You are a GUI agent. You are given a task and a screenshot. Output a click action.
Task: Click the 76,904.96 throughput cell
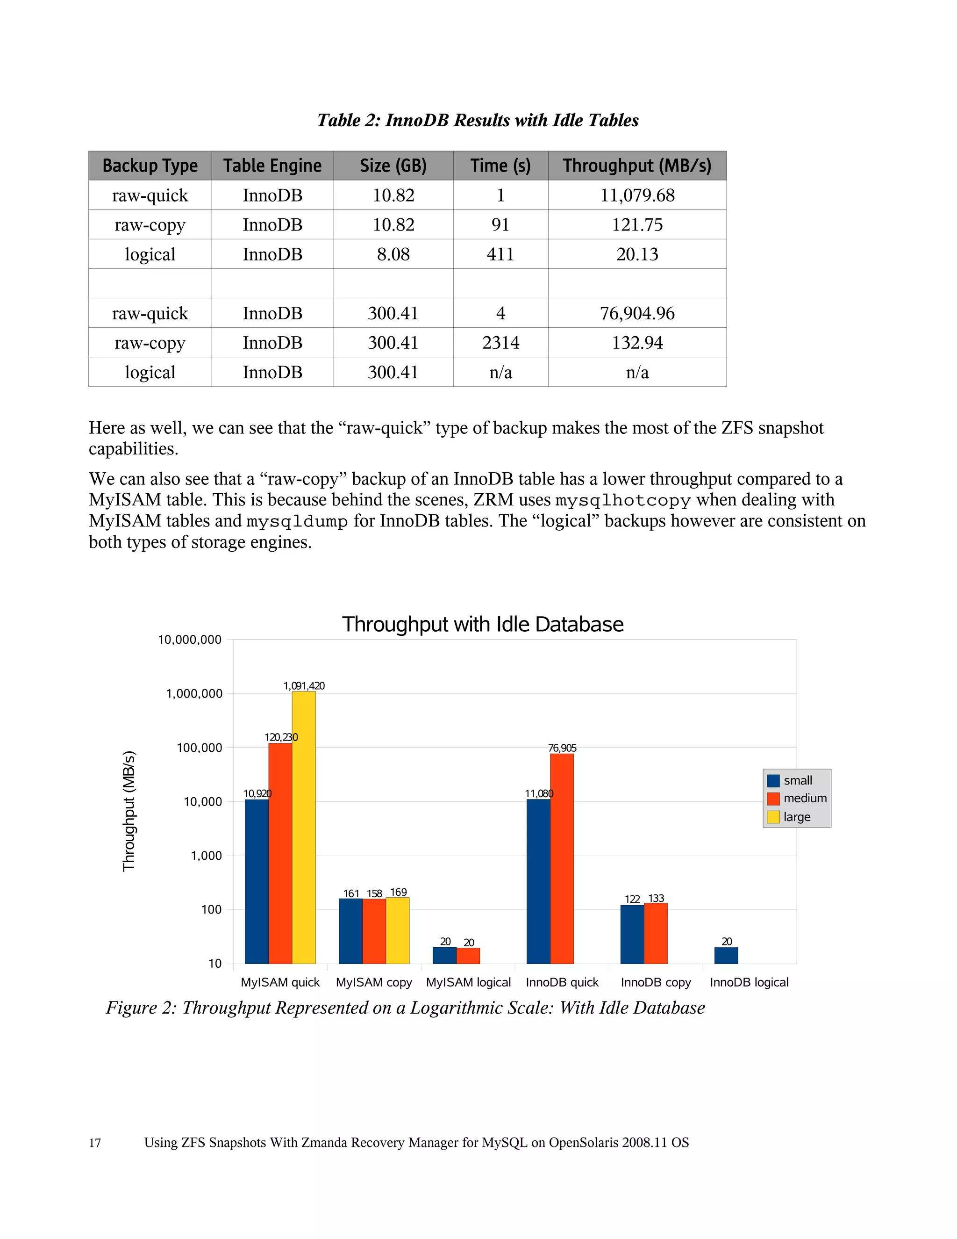637,313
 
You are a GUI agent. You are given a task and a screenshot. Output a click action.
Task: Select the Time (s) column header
500,166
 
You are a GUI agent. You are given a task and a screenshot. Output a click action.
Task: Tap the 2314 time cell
500,343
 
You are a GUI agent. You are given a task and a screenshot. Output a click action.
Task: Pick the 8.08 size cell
393,254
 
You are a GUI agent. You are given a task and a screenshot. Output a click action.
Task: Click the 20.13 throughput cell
637,254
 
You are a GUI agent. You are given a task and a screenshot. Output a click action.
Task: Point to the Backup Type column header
150,166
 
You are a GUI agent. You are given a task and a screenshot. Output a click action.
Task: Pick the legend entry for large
797,817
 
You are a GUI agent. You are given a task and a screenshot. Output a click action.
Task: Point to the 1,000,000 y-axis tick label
194,693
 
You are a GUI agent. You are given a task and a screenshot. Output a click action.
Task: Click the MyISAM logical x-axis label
468,982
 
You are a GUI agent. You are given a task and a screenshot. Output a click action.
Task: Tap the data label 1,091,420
304,686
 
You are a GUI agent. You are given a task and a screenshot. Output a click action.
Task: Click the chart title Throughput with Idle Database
482,624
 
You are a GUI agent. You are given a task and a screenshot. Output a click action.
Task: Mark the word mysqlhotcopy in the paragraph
622,500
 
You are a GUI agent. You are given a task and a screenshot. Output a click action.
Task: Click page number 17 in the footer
95,1143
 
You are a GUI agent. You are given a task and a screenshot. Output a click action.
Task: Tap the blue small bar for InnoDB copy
632,934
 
